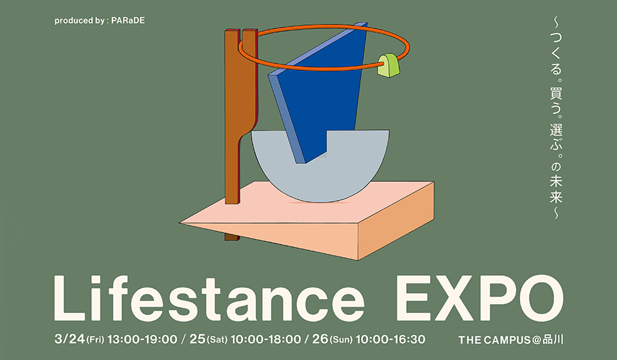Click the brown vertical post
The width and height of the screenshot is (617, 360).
point(232,129)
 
